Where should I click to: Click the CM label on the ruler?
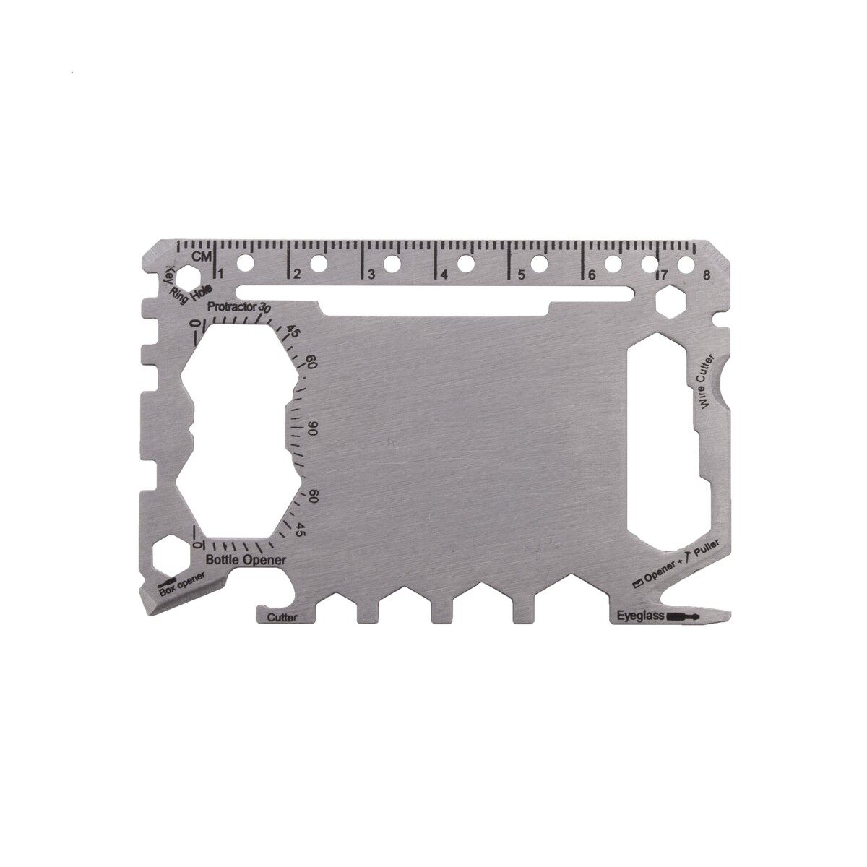click(x=202, y=256)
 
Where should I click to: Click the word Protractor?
click(x=232, y=307)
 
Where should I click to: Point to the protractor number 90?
click(x=313, y=428)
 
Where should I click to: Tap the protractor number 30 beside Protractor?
click(x=264, y=307)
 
